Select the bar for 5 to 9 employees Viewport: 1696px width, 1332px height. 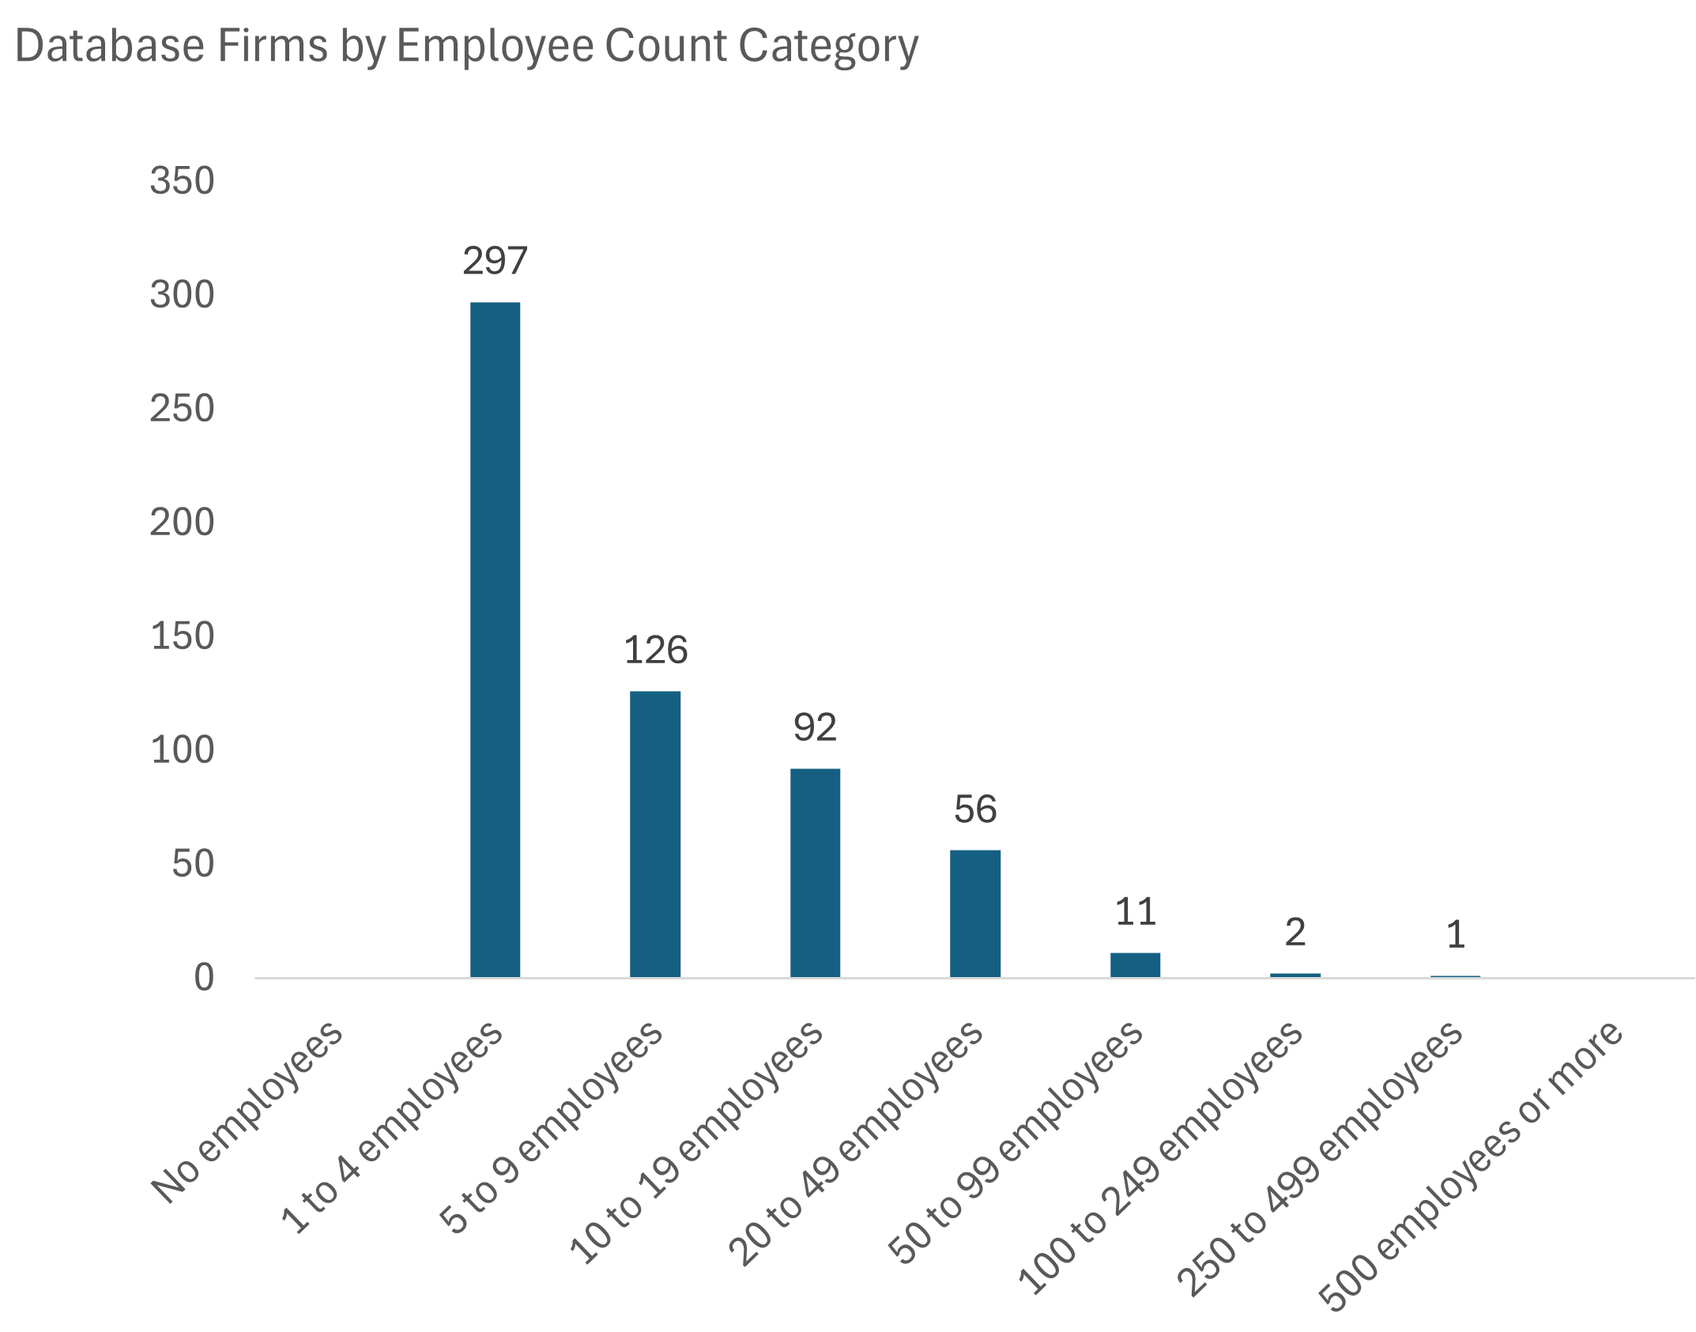(654, 834)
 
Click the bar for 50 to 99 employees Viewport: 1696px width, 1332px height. (1135, 964)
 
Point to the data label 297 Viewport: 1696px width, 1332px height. (495, 261)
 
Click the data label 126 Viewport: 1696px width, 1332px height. (655, 650)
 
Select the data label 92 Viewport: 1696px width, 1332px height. (815, 727)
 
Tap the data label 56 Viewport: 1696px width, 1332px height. (975, 809)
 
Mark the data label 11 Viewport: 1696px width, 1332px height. (1136, 912)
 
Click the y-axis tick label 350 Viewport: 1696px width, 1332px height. (182, 181)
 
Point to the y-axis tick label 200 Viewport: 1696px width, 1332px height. (182, 523)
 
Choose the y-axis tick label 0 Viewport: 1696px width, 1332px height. (204, 978)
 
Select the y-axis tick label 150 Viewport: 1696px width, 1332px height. (182, 636)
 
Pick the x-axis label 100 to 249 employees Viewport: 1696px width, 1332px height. (1160, 1158)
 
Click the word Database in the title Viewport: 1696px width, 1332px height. (110, 46)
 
